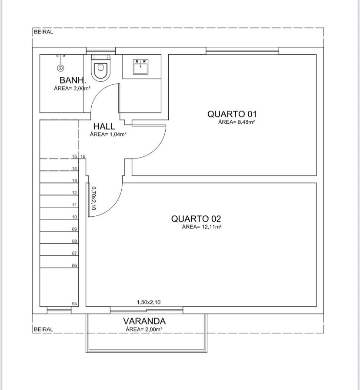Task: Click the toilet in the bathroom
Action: click(x=100, y=68)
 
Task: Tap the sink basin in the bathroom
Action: click(x=141, y=66)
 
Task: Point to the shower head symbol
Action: click(x=60, y=67)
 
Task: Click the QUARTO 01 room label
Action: click(x=232, y=114)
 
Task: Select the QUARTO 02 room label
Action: click(x=196, y=218)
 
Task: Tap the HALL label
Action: click(x=104, y=126)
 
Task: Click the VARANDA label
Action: click(x=144, y=321)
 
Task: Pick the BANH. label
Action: click(x=73, y=80)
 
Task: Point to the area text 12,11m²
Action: click(x=211, y=227)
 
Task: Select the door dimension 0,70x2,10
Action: click(x=93, y=198)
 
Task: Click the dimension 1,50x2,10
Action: click(x=149, y=302)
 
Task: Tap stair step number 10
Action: click(x=74, y=217)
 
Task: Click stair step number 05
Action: click(x=74, y=304)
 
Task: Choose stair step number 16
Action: click(x=83, y=156)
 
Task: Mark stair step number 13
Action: click(x=74, y=181)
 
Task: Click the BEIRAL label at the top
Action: click(x=43, y=32)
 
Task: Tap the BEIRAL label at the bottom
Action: click(x=43, y=329)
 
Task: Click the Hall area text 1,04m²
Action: click(x=118, y=134)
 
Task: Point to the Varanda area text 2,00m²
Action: click(x=153, y=329)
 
